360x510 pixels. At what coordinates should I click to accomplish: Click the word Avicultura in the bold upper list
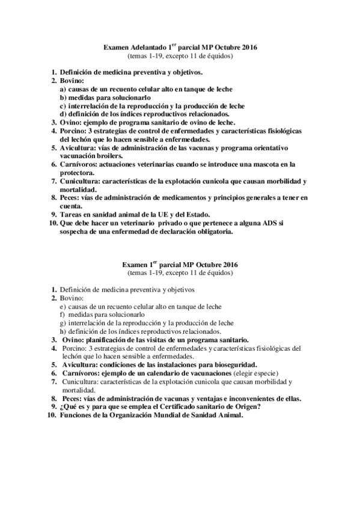tap(79, 147)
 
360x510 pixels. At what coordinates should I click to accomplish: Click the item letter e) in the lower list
tap(63, 306)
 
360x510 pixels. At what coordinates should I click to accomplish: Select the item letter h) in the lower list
tap(63, 331)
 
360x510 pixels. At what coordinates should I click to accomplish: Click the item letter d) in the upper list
tap(63, 114)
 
